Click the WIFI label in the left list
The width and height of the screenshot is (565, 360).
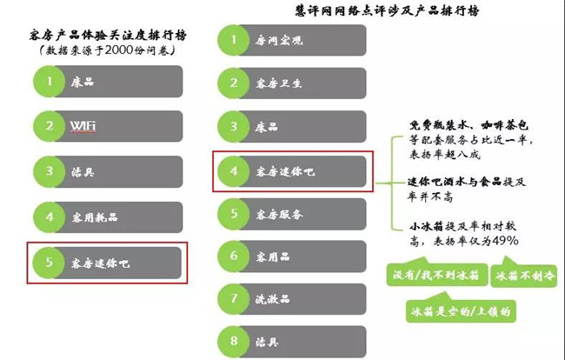[x=83, y=126]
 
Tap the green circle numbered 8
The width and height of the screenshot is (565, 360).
[x=234, y=341]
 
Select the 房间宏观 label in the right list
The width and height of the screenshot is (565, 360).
[x=279, y=40]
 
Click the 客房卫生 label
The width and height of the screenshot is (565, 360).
[x=278, y=83]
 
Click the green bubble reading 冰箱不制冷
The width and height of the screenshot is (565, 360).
[x=524, y=275]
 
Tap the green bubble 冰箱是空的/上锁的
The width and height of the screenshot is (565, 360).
[x=461, y=310]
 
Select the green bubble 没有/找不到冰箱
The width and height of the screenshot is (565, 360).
[x=437, y=274]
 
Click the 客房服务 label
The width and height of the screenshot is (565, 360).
[x=279, y=215]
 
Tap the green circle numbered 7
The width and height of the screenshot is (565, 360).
[x=234, y=299]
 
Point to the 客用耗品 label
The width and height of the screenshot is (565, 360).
[x=95, y=217]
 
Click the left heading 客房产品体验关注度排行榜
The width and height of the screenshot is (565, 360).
[x=108, y=36]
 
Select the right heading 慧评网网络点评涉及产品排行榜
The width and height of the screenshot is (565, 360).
[x=387, y=10]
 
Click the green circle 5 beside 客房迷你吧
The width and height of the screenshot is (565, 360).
[x=50, y=263]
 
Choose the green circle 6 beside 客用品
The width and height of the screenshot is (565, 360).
[x=234, y=256]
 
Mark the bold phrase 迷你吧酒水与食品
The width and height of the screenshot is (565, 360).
[x=455, y=182]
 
